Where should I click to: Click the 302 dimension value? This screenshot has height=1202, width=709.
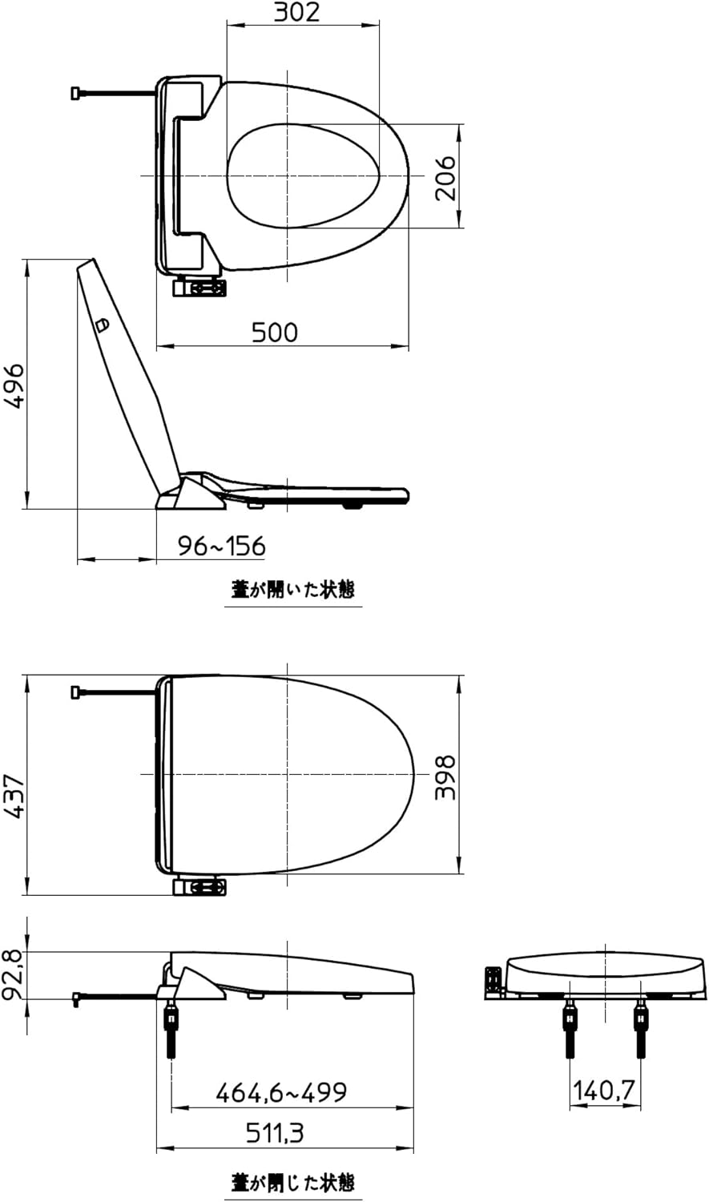296,12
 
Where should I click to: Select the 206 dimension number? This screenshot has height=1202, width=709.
445,178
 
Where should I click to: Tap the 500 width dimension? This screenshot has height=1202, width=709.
275,333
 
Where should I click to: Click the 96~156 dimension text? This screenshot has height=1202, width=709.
221,547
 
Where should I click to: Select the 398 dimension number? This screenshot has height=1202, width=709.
445,777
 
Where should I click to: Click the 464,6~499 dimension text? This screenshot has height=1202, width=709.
281,1092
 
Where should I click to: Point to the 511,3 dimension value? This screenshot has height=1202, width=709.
275,1133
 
